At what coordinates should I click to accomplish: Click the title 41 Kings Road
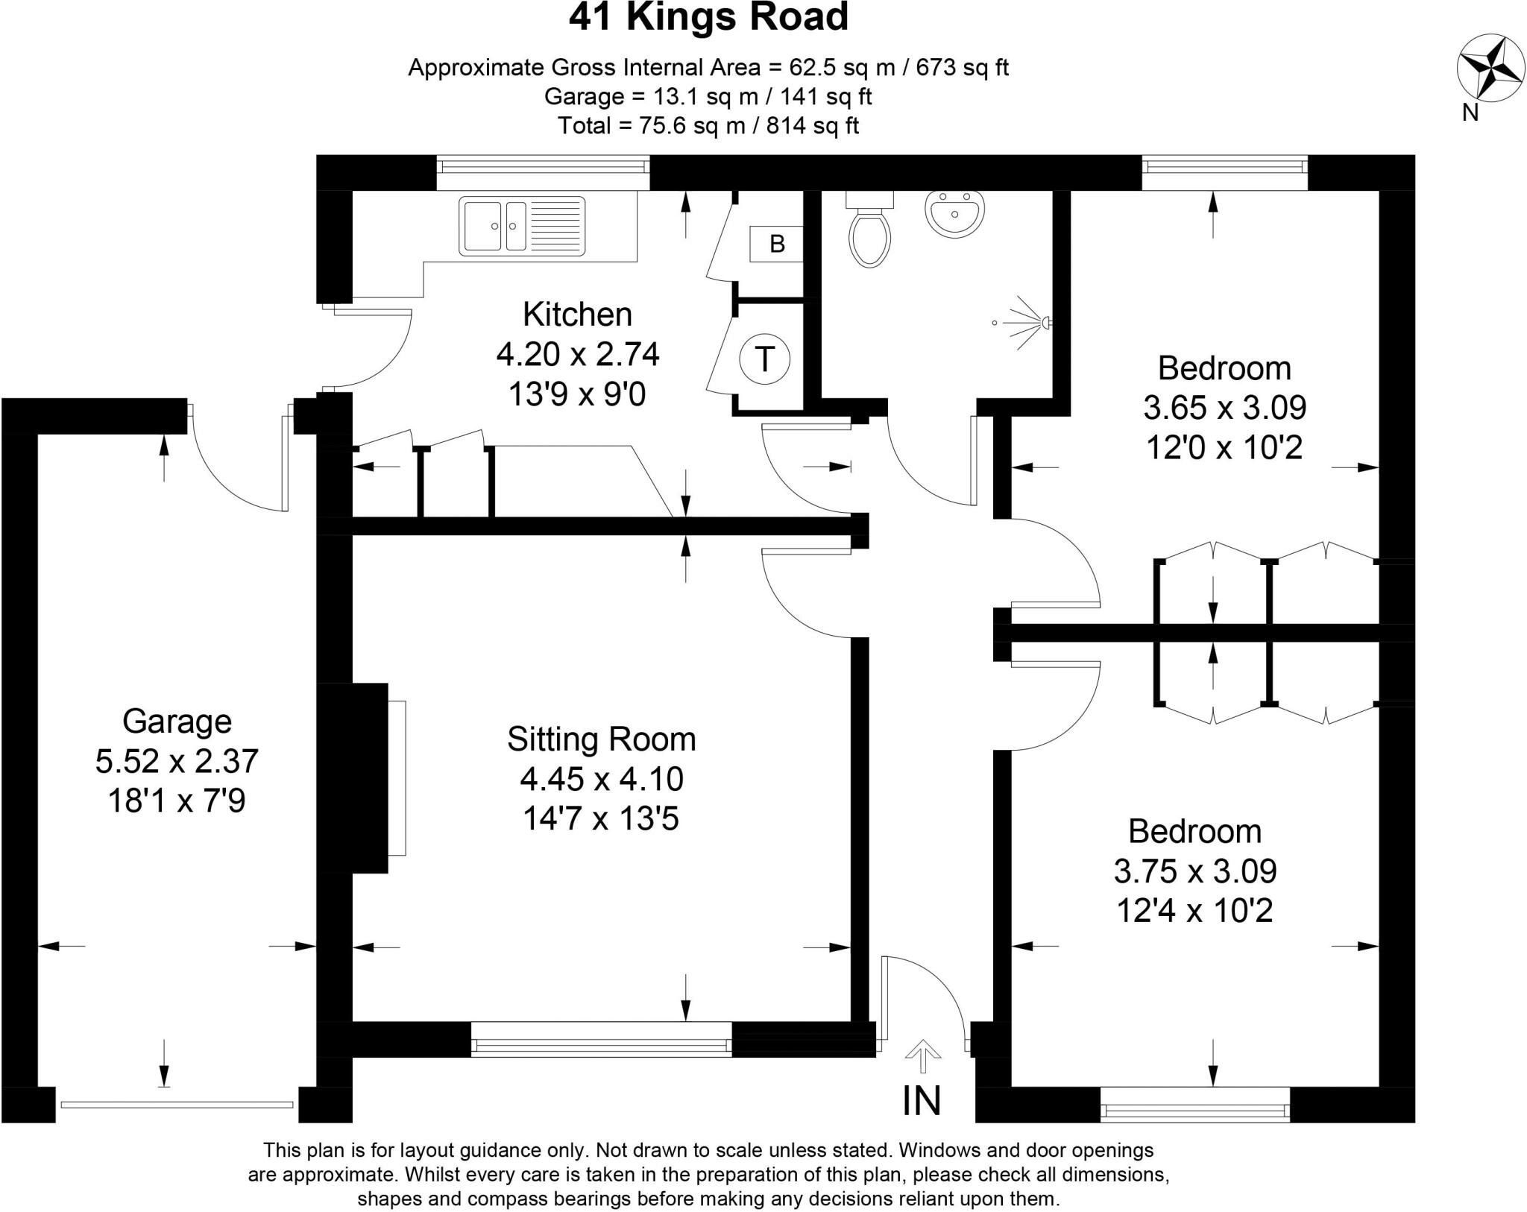tap(708, 18)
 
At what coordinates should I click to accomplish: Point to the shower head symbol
tap(1045, 323)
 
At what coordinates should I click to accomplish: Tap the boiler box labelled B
tap(776, 244)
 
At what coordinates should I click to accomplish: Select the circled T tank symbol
tap(764, 359)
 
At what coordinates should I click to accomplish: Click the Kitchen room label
tap(577, 315)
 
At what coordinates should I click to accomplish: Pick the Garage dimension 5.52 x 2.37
tap(177, 761)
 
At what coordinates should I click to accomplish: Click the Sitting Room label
tap(601, 739)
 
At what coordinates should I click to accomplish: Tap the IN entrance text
tap(922, 1100)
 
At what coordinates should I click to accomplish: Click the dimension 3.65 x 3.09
tap(1224, 408)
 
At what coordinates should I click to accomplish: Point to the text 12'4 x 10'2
tap(1194, 910)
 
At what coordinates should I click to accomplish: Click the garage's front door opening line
tap(177, 1105)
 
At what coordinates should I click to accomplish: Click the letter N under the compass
tap(1470, 113)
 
